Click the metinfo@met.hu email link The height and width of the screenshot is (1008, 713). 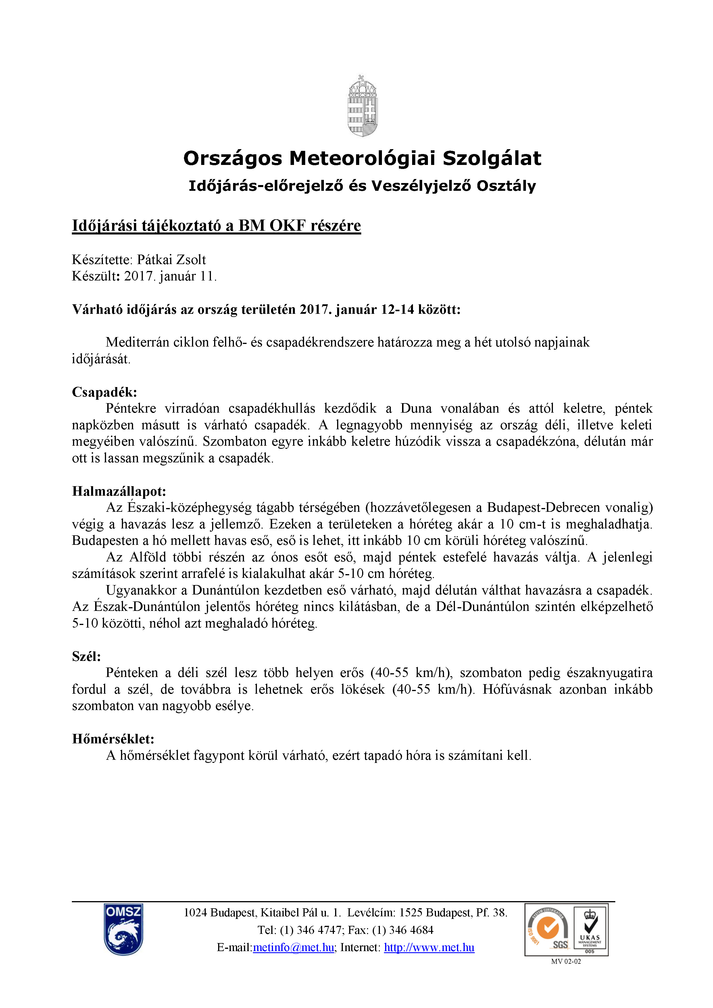coord(293,947)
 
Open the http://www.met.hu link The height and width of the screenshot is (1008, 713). coord(429,947)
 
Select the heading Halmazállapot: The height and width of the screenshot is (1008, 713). coord(119,491)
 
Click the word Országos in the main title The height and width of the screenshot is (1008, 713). coord(233,159)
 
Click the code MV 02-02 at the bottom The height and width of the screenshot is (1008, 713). coord(566,961)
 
